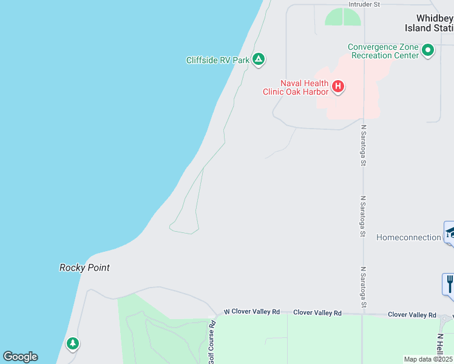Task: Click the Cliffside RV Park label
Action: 218,60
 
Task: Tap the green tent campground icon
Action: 259,59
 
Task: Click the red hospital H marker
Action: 338,87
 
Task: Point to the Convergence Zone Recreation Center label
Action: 384,51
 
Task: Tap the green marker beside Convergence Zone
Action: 428,50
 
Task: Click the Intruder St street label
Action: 364,4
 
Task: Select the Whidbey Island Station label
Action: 429,23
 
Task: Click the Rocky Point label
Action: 84,268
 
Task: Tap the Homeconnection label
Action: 408,237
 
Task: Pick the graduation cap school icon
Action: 450,232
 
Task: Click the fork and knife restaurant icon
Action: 449,283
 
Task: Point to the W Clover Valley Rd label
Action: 251,312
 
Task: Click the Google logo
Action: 20,357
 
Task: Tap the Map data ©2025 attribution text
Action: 429,359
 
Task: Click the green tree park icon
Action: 73,344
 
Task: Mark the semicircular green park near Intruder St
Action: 343,18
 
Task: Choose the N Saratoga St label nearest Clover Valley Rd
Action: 364,286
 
